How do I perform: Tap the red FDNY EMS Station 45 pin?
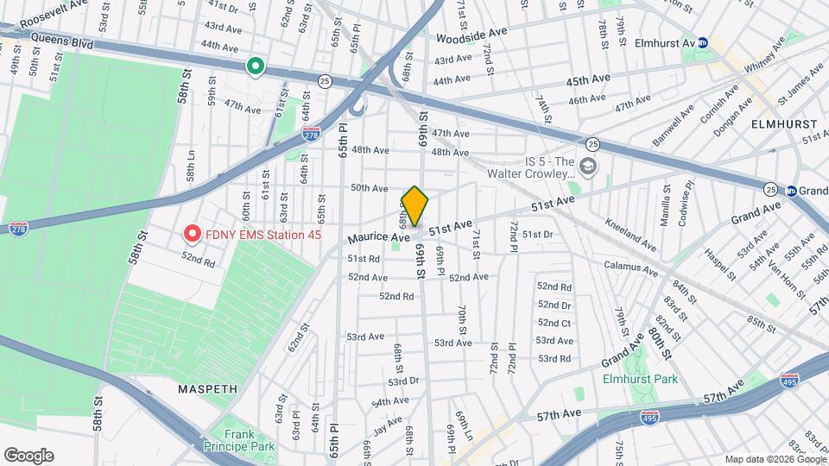click(x=191, y=234)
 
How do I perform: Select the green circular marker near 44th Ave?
click(x=255, y=66)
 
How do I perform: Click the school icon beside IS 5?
click(x=588, y=166)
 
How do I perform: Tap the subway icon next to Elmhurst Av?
click(x=704, y=41)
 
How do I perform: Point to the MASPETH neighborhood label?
click(x=207, y=389)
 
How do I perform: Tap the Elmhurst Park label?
click(x=640, y=379)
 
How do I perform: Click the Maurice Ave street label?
click(x=377, y=236)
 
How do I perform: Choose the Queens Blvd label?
click(x=60, y=39)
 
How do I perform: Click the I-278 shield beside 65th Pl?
click(x=312, y=135)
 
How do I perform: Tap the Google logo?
click(x=28, y=456)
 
